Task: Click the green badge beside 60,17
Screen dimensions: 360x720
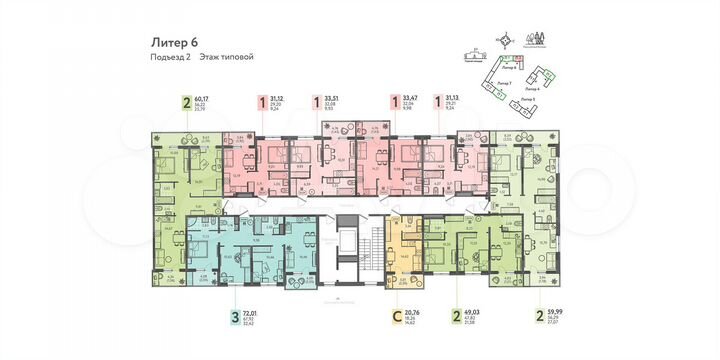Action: click(186, 101)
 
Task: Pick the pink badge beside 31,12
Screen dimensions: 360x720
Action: click(262, 101)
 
